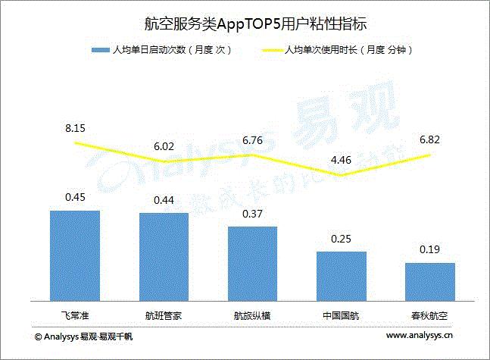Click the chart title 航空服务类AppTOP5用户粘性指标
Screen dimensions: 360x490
click(244, 23)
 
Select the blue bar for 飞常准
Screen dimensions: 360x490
click(75, 256)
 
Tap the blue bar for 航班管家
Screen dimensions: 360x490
click(164, 258)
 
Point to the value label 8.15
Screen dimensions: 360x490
click(75, 129)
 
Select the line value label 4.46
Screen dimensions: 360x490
click(341, 160)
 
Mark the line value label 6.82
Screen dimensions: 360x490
click(429, 139)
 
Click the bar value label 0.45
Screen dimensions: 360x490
click(75, 197)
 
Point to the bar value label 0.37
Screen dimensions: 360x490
click(252, 213)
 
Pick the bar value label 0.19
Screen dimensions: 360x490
click(429, 249)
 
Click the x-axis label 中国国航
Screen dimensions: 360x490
click(341, 314)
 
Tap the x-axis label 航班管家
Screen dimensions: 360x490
click(164, 314)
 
